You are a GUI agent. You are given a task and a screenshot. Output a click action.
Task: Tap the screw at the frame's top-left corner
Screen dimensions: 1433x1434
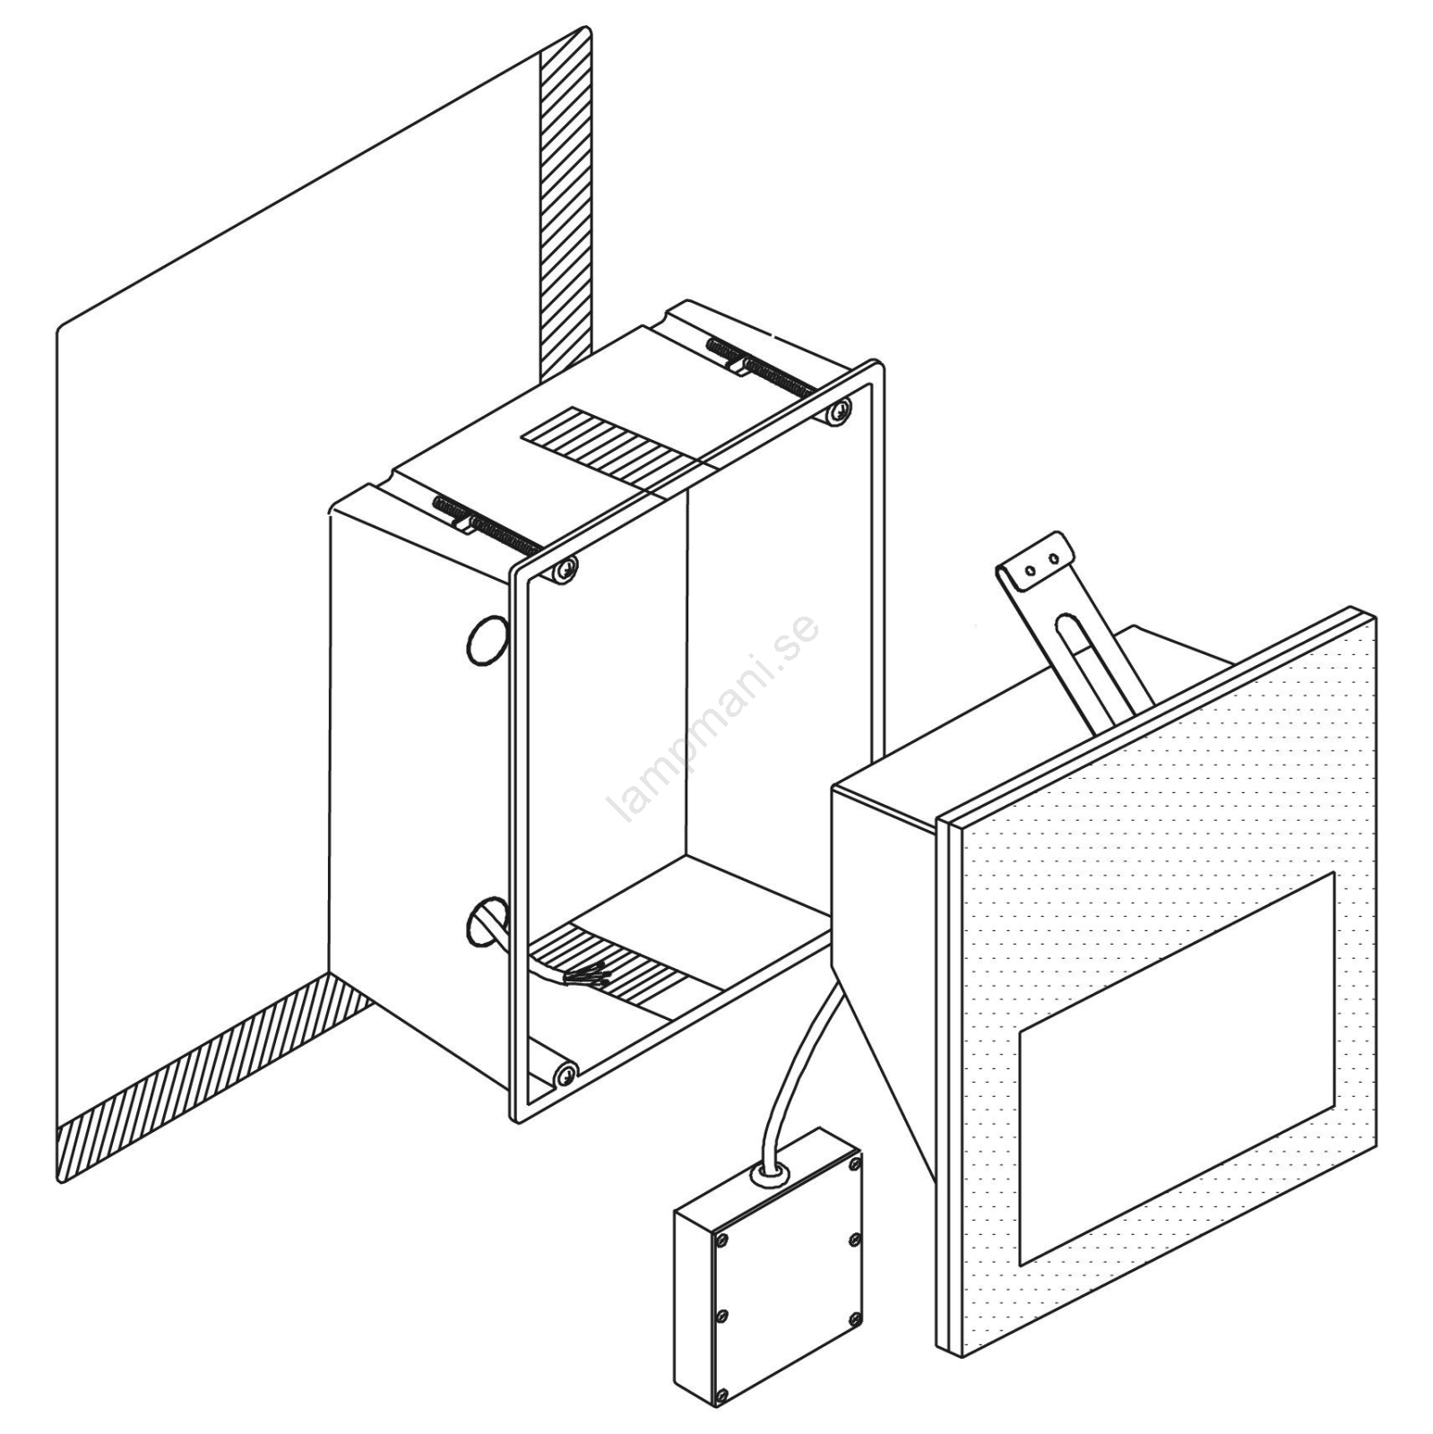tap(564, 567)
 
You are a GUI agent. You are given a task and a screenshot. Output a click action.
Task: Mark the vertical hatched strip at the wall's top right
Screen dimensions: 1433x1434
tap(565, 207)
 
